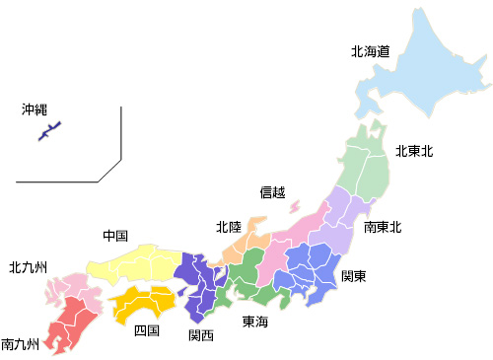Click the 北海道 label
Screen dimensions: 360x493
(370, 51)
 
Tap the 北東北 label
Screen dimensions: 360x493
(414, 151)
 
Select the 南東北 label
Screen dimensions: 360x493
(383, 227)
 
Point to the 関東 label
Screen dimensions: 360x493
(354, 276)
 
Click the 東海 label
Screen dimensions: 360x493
(255, 322)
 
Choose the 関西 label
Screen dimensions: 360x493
(201, 334)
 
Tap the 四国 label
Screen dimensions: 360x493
(146, 330)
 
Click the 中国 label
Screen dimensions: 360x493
(115, 236)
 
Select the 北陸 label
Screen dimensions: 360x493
(229, 226)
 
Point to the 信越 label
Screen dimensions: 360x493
(272, 191)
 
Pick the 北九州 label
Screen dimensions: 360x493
(29, 266)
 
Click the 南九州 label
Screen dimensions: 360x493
(21, 344)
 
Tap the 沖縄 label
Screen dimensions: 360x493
(35, 109)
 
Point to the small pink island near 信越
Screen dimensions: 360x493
(294, 207)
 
